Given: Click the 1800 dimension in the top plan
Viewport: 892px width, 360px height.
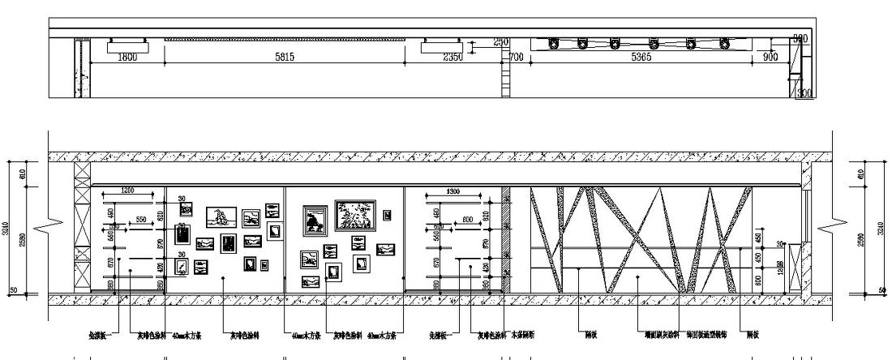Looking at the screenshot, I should pos(127,57).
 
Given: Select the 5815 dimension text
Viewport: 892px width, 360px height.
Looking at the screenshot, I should pos(285,57).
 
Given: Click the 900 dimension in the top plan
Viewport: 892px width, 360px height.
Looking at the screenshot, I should pos(770,57).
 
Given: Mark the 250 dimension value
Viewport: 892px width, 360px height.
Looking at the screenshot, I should pos(478,41).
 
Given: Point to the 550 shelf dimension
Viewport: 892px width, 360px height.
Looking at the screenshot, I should pos(140,219).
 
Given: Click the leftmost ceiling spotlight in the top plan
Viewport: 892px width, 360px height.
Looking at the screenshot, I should pos(555,44).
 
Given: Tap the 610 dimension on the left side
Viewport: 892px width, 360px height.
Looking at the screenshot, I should pos(22,172).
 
